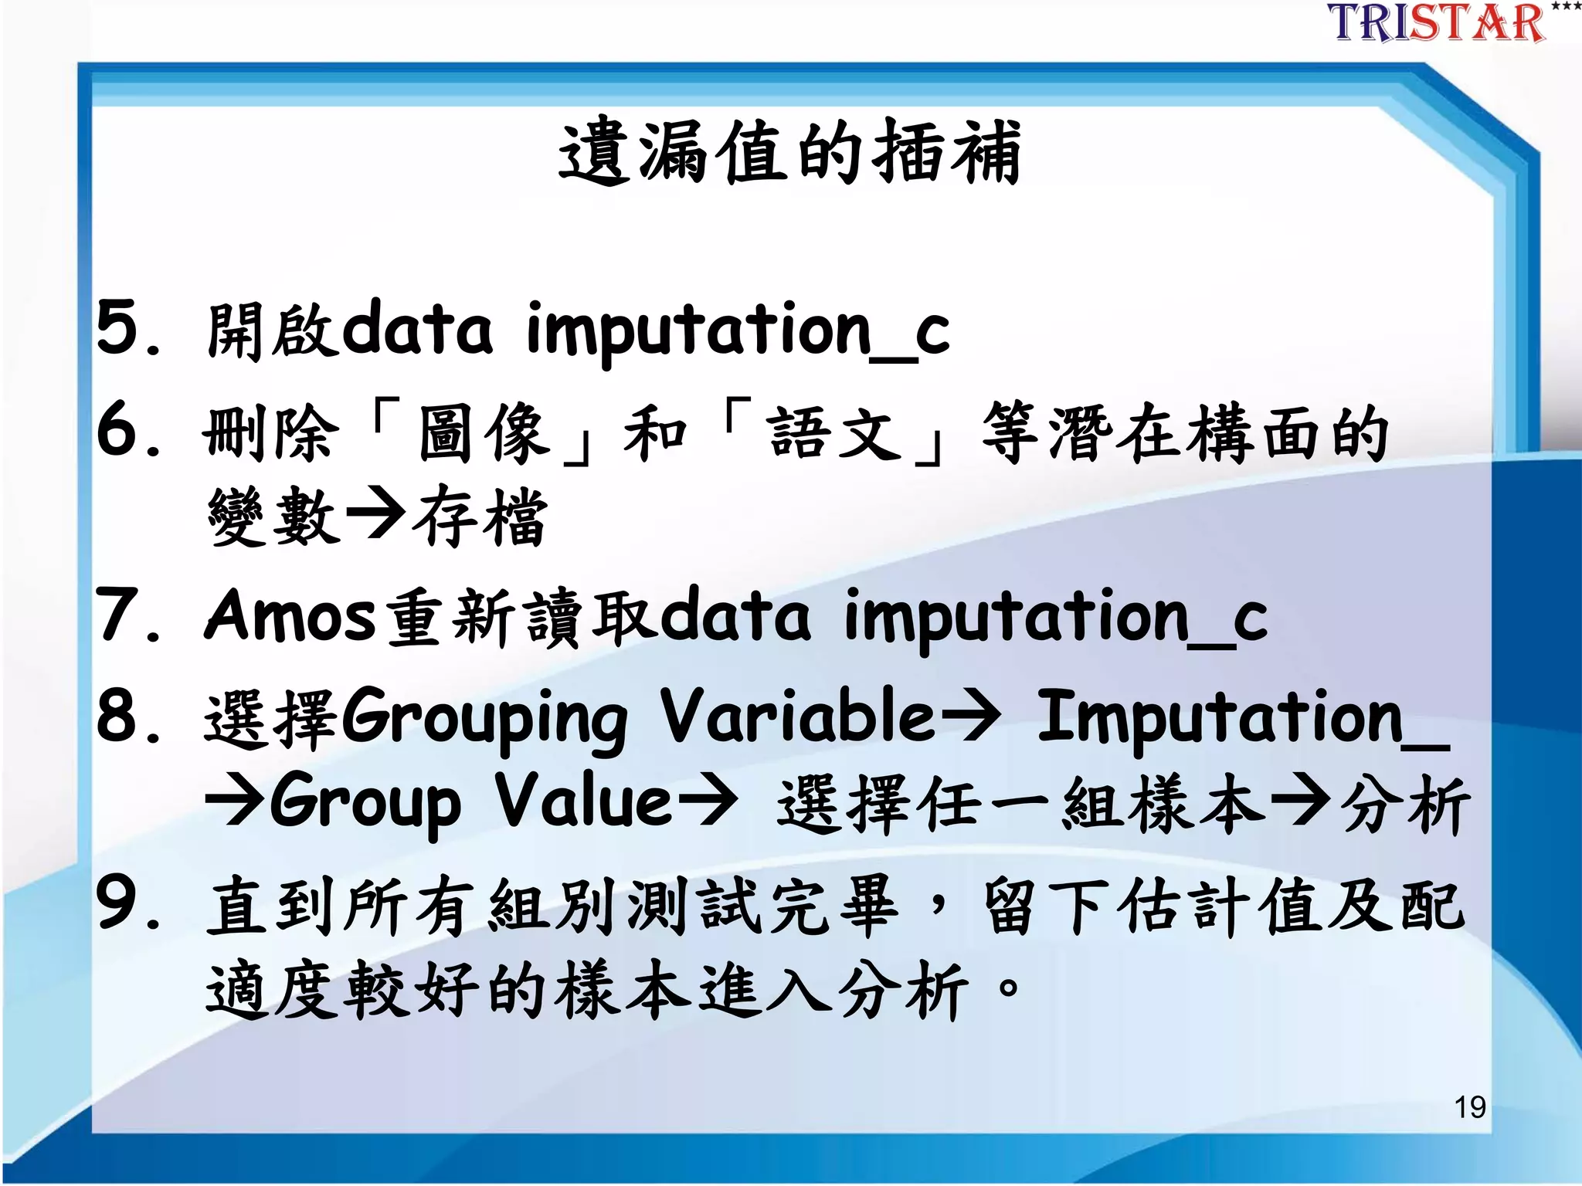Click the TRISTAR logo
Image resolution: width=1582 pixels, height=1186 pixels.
coord(1437,23)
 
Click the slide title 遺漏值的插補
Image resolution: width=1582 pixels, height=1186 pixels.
coord(789,152)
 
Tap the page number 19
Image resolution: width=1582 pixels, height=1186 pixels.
coord(1469,1107)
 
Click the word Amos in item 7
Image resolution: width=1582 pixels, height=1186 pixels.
coord(290,615)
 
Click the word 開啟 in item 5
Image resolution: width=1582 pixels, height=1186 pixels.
coord(272,330)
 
